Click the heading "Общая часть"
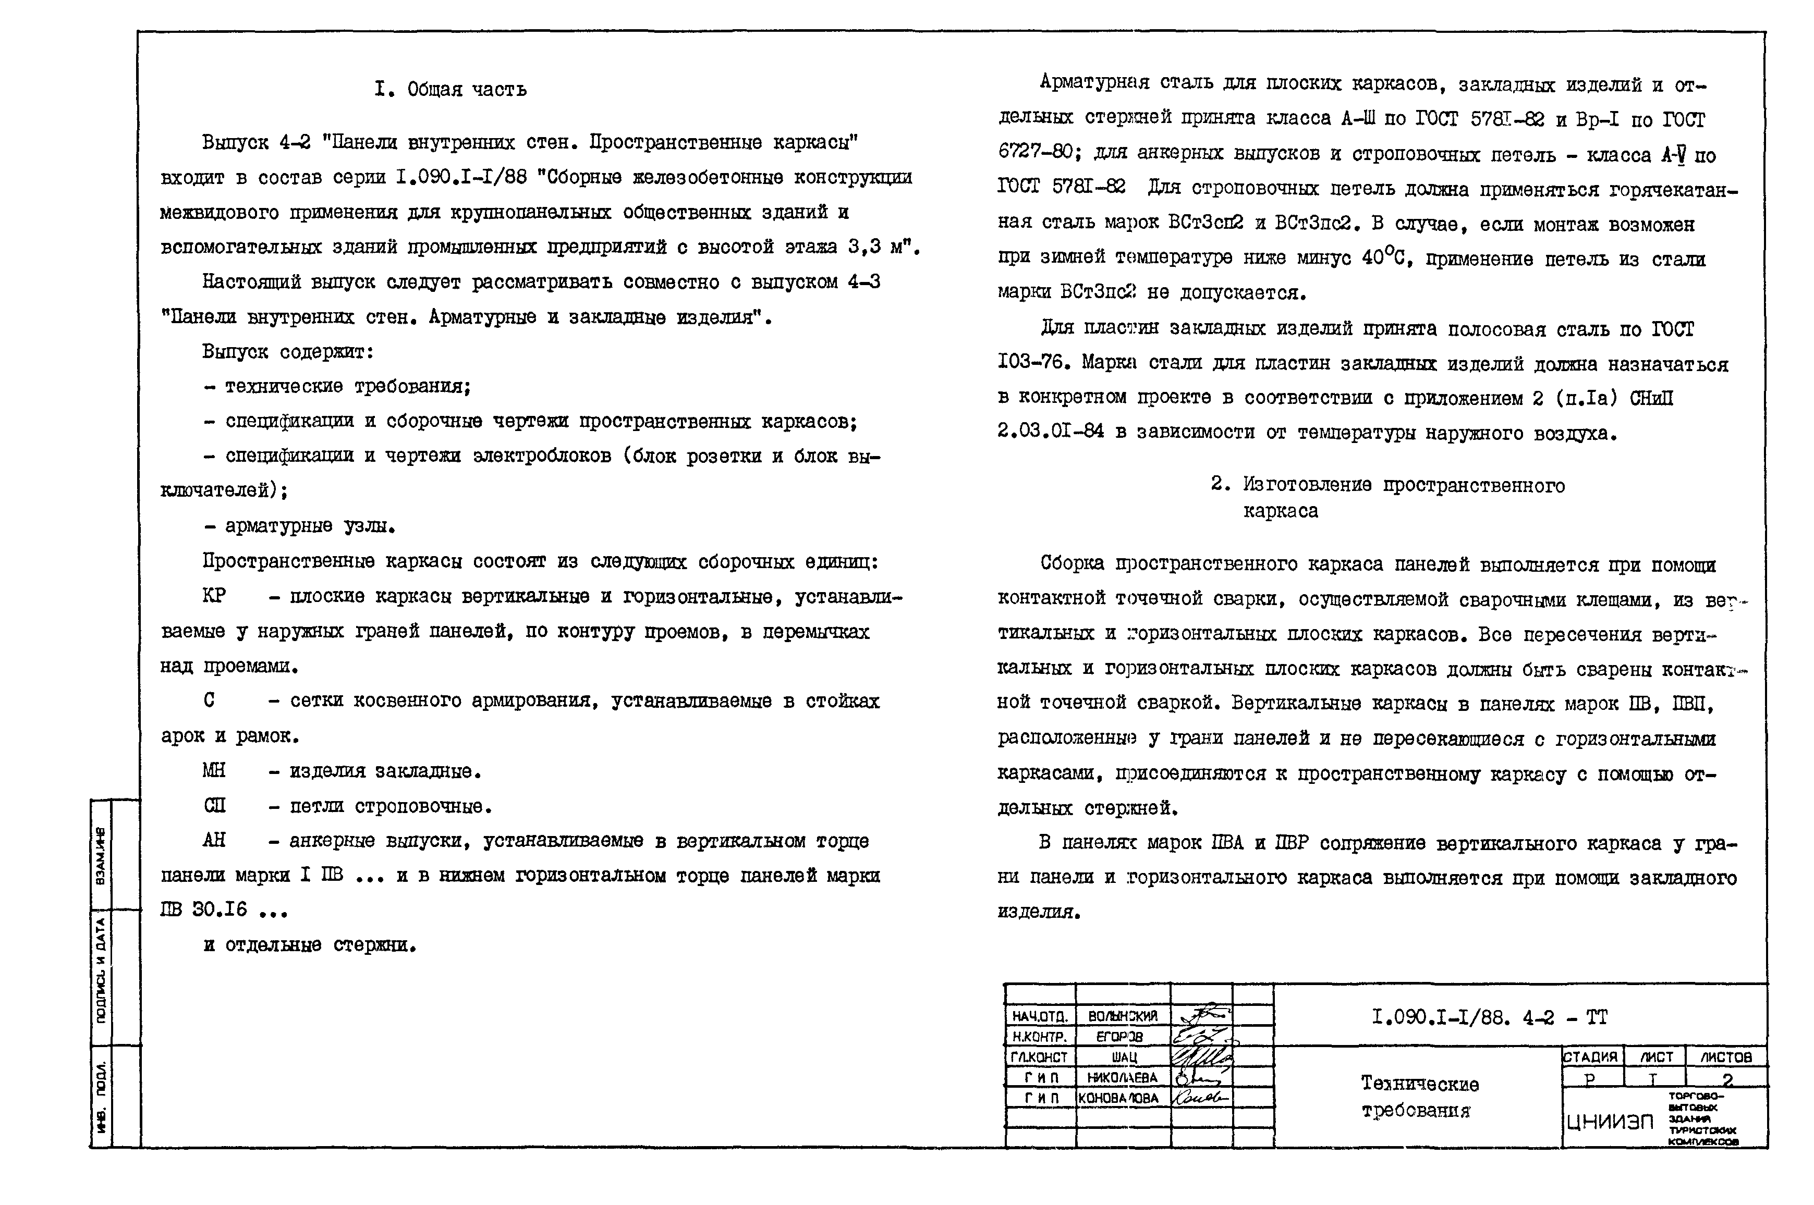point(467,90)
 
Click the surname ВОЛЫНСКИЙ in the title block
point(1122,1016)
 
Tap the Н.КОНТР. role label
point(1039,1037)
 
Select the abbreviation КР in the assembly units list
point(214,596)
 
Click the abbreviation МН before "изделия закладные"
point(214,770)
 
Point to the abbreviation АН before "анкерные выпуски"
point(214,840)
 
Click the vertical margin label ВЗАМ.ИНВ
point(101,855)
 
